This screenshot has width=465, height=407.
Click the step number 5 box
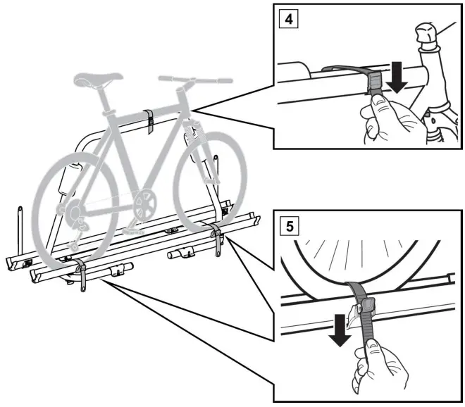click(x=288, y=227)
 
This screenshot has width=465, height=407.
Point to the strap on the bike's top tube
click(x=150, y=120)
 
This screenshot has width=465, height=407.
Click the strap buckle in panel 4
click(x=376, y=84)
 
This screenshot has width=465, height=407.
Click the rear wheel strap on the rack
click(x=82, y=275)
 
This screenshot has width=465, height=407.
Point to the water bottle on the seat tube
click(x=68, y=178)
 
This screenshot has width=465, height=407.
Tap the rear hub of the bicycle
click(x=74, y=209)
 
